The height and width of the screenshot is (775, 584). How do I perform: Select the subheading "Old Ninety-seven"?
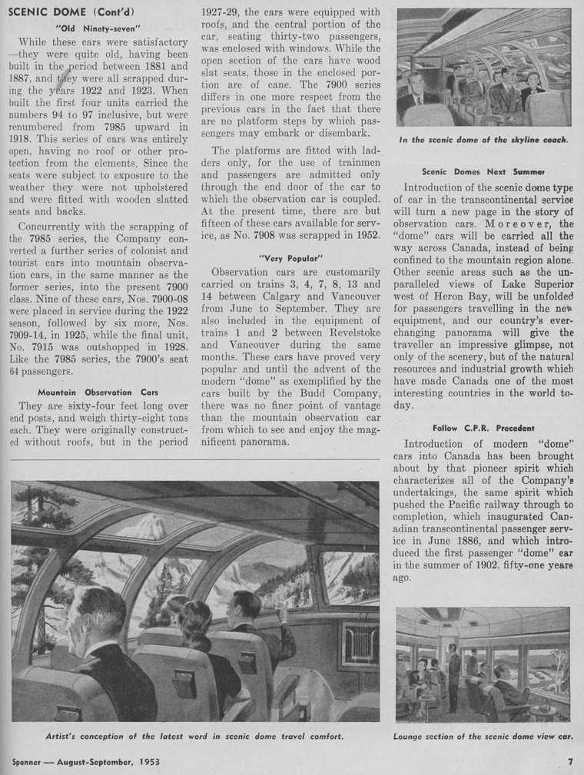[x=98, y=28]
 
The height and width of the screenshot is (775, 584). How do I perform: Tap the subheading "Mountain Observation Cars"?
[x=98, y=392]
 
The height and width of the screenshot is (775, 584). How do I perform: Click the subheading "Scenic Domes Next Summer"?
[x=483, y=171]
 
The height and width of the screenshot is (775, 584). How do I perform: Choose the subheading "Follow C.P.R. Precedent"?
[x=483, y=428]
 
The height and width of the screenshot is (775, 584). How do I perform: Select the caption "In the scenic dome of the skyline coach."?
[x=483, y=140]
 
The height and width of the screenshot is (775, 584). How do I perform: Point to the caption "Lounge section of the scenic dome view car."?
[x=483, y=736]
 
